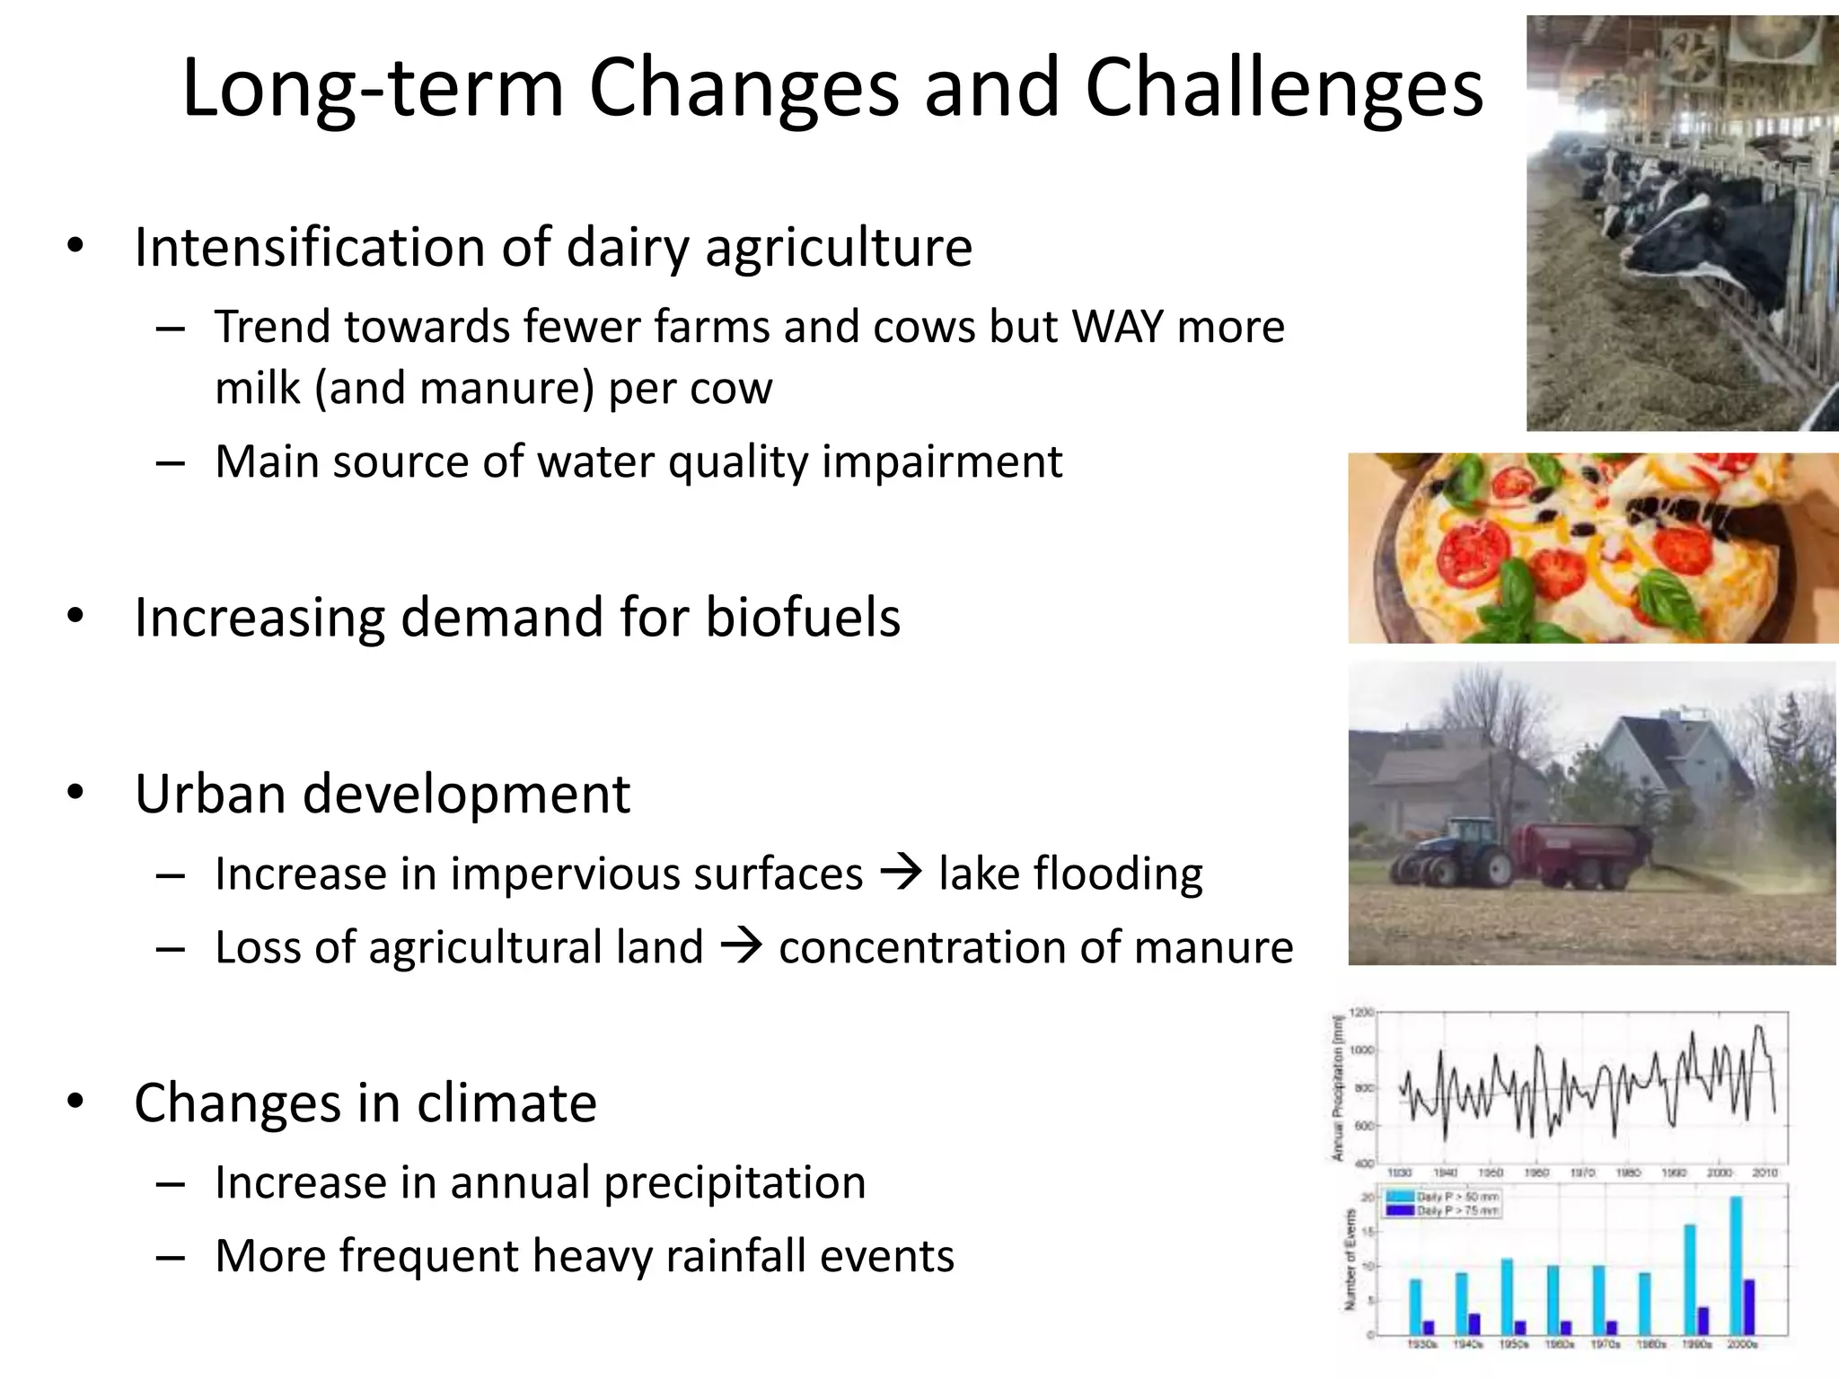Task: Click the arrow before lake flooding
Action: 901,873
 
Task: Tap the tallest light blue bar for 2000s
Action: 1735,1265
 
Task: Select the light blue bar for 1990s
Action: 1689,1278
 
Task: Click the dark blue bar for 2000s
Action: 1748,1306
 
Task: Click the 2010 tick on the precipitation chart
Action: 1764,1173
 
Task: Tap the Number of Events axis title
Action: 1350,1259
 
